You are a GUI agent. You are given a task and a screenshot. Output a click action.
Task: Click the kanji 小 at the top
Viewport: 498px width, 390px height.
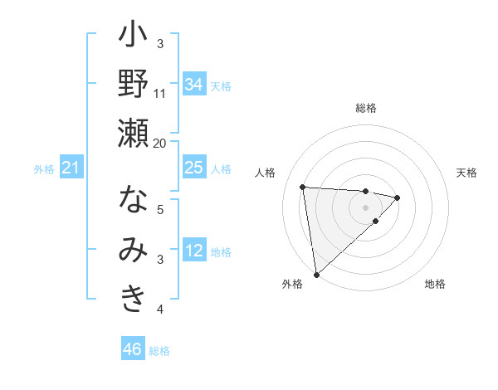point(133,38)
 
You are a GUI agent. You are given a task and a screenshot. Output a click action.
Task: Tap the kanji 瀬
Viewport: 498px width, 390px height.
point(133,133)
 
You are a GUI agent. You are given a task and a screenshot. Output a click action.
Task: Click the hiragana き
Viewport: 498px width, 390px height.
point(133,299)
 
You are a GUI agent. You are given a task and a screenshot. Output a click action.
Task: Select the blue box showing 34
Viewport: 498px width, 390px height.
point(193,84)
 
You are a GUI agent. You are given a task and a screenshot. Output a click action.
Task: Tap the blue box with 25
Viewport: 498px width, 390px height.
point(193,168)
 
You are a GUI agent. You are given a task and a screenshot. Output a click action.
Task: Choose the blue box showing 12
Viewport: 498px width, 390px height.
point(193,250)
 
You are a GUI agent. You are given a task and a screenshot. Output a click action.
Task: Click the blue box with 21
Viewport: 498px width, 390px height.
point(71,168)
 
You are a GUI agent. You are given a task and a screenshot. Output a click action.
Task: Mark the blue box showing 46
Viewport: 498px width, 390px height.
point(133,349)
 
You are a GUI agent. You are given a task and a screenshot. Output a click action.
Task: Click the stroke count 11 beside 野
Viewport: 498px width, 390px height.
point(160,93)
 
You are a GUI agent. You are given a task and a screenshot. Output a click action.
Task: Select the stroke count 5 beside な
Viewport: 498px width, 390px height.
point(160,209)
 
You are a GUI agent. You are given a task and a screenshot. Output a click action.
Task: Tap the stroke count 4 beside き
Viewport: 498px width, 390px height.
point(160,309)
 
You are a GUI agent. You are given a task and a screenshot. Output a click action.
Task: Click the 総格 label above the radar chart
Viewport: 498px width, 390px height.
point(366,108)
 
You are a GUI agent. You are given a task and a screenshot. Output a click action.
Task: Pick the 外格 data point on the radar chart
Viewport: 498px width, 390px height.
point(316,274)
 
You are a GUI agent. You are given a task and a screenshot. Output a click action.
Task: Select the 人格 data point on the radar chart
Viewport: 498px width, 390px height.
point(303,187)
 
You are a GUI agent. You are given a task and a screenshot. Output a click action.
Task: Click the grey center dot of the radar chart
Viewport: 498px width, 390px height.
point(365,206)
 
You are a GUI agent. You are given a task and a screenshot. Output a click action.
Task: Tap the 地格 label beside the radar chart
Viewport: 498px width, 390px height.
point(435,284)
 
